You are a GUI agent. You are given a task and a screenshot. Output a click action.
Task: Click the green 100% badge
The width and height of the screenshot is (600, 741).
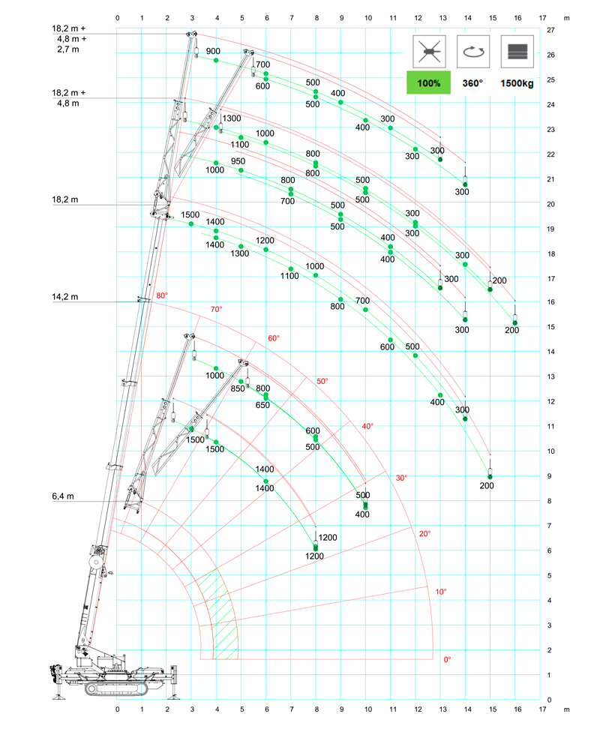click(428, 82)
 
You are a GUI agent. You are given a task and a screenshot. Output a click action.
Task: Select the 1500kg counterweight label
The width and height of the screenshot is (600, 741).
click(517, 83)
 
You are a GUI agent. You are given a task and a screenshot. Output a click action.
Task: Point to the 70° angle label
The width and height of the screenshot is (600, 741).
click(217, 309)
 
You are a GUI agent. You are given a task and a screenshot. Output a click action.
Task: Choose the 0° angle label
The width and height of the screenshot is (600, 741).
click(448, 659)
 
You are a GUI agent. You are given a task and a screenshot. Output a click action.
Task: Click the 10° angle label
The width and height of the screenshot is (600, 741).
click(441, 592)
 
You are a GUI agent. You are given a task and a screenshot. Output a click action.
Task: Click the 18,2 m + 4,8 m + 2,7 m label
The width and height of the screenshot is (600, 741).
click(69, 38)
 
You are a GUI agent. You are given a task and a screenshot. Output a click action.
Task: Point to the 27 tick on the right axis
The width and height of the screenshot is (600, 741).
click(550, 30)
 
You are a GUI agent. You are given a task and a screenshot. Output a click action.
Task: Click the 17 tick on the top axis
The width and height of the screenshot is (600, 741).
click(541, 16)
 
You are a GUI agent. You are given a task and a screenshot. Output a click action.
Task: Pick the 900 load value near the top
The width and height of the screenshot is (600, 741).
click(213, 51)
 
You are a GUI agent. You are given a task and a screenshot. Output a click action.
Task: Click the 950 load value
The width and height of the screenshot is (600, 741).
click(238, 161)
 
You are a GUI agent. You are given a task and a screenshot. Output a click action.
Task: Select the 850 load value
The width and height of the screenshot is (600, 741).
click(238, 388)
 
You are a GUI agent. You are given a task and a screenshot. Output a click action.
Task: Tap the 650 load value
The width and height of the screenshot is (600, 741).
click(262, 405)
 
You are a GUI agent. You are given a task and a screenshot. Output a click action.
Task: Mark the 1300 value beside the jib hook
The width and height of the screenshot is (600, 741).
click(232, 118)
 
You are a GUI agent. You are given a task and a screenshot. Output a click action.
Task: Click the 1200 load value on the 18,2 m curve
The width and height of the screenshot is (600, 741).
click(265, 241)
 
